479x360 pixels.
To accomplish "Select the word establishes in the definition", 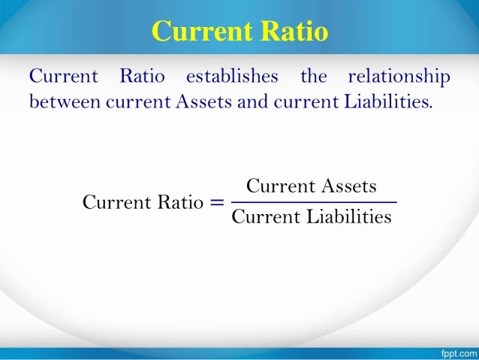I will pyautogui.click(x=231, y=77).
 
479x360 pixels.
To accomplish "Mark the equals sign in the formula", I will pyautogui.click(x=217, y=202).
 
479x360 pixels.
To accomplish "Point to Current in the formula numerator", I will pyautogui.click(x=276, y=186).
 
